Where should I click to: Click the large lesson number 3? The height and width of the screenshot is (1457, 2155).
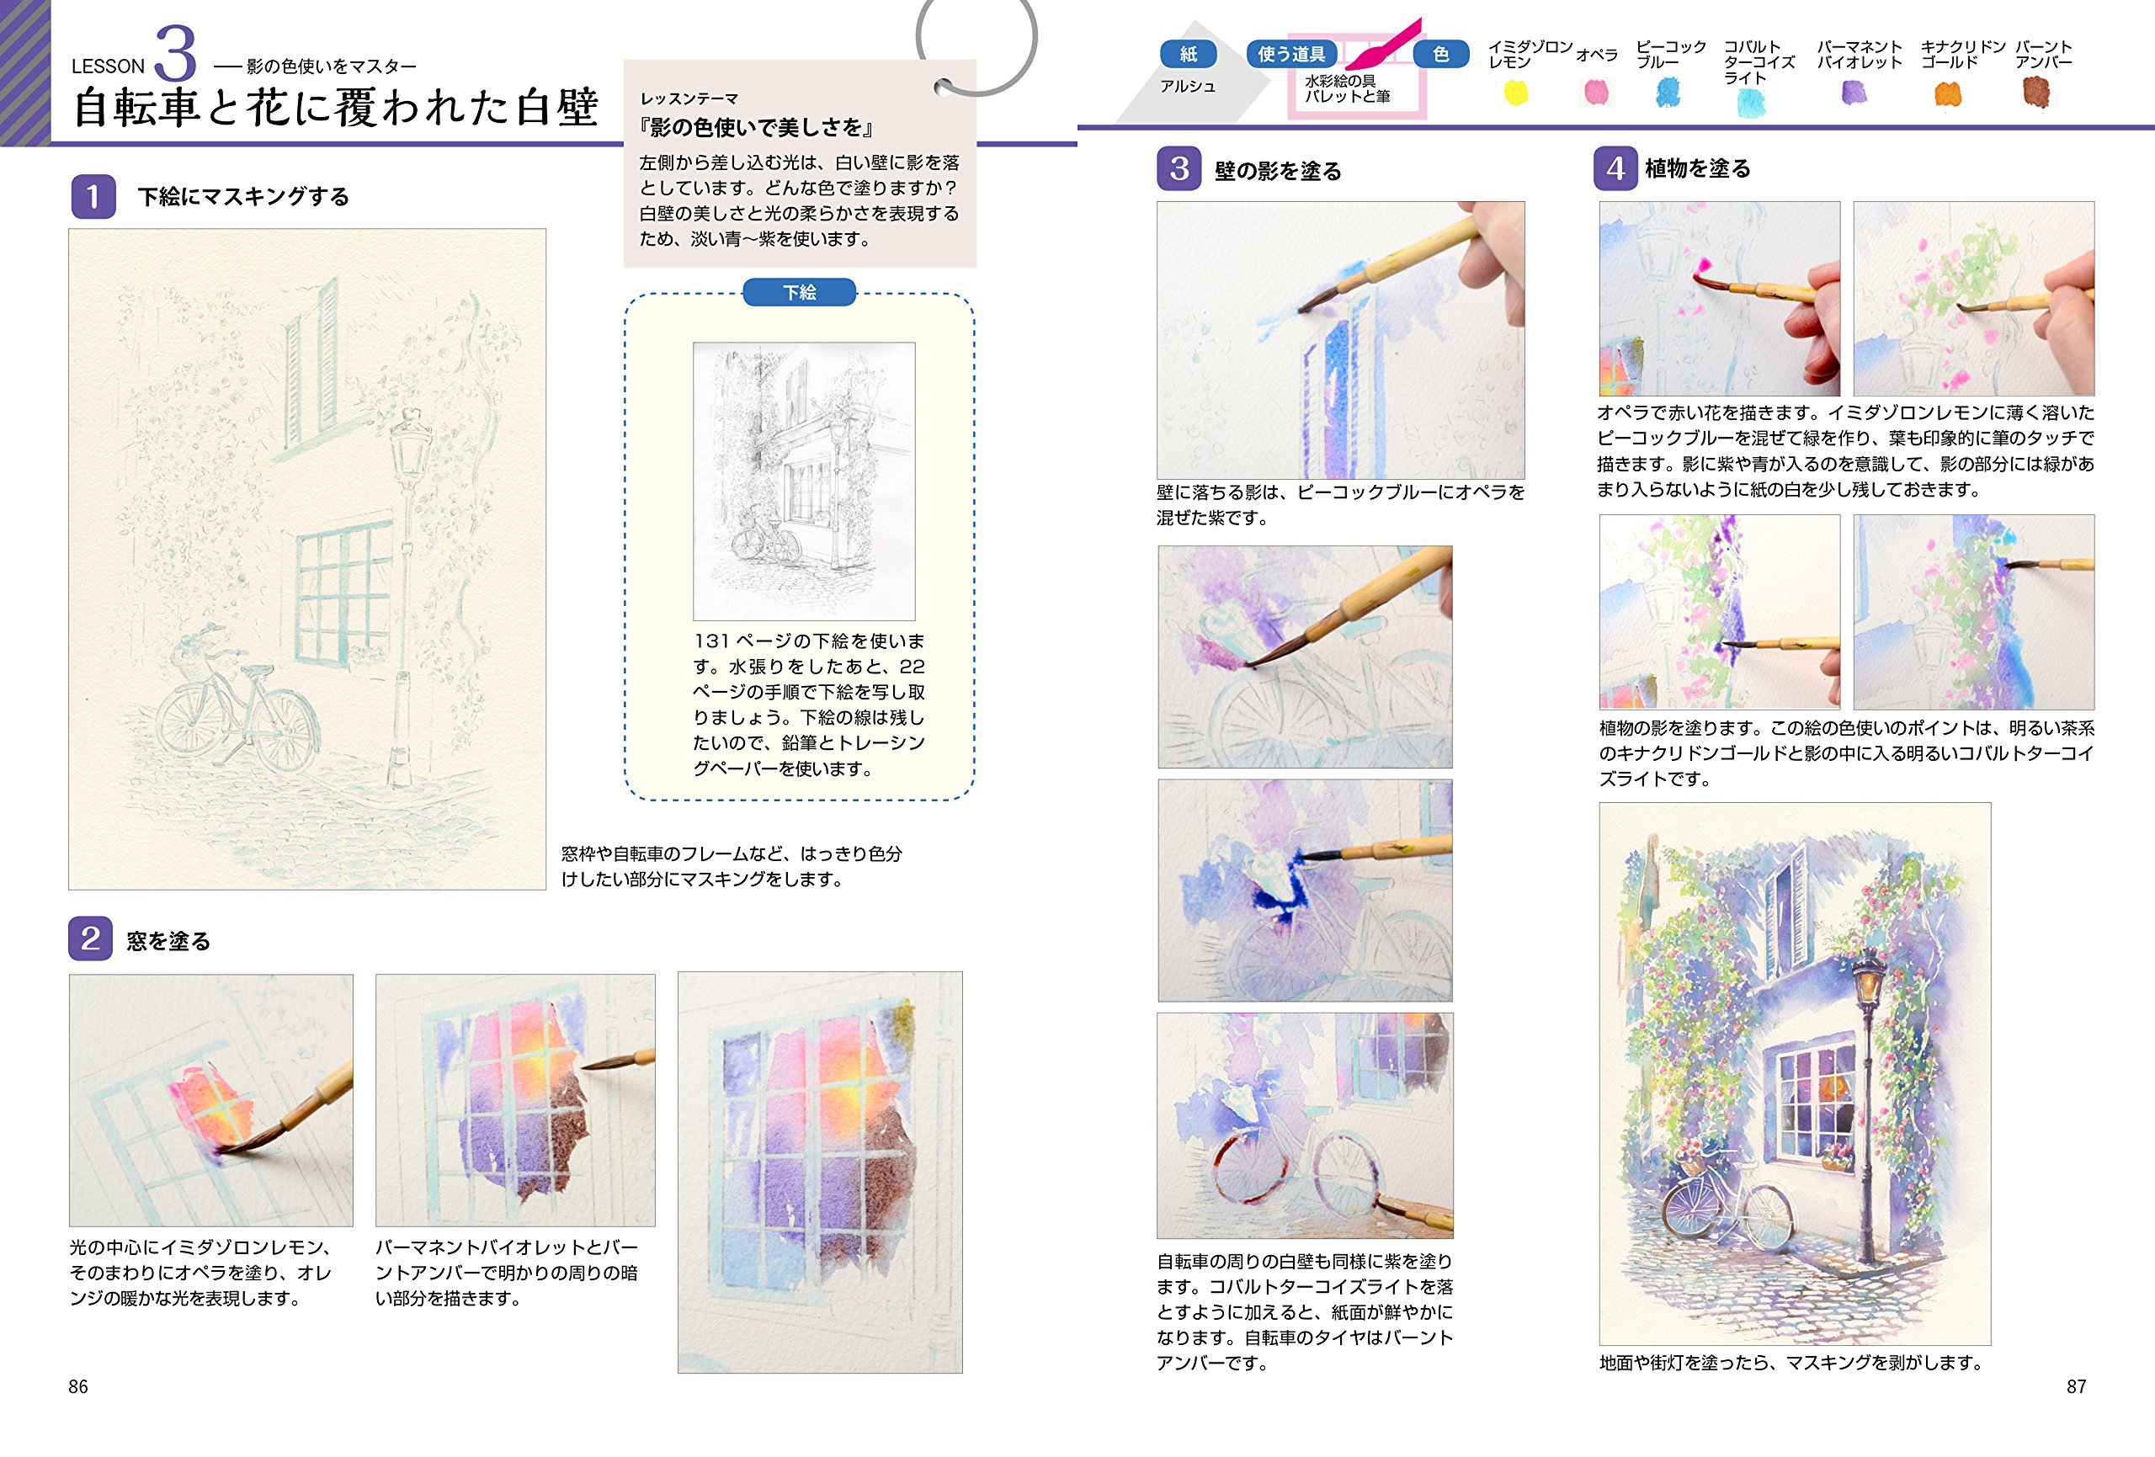click(175, 54)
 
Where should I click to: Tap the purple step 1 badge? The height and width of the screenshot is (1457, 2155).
click(93, 197)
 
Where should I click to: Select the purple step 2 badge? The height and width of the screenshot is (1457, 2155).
click(90, 939)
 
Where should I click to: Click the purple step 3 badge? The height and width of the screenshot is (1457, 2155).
click(1179, 169)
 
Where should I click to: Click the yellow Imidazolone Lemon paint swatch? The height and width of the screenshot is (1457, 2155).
click(1515, 93)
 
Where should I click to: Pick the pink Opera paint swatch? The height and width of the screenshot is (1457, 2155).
click(1597, 92)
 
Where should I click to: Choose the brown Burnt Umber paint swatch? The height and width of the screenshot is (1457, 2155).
click(2035, 92)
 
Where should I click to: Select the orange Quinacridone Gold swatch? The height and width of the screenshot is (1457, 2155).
click(1947, 93)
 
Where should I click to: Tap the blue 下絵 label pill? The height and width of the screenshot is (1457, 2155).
click(798, 292)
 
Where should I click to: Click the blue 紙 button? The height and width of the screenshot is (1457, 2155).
click(1188, 54)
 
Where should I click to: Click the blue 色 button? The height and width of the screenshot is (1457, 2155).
click(1440, 54)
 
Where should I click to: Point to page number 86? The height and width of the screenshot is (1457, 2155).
click(78, 1386)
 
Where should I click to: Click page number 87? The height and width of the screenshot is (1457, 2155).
click(2076, 1386)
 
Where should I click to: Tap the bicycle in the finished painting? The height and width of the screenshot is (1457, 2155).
click(1727, 1205)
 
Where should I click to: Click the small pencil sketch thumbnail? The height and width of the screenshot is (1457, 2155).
click(804, 481)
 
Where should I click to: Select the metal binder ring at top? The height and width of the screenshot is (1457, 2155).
click(976, 42)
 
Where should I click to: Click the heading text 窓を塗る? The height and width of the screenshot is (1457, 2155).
click(168, 941)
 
